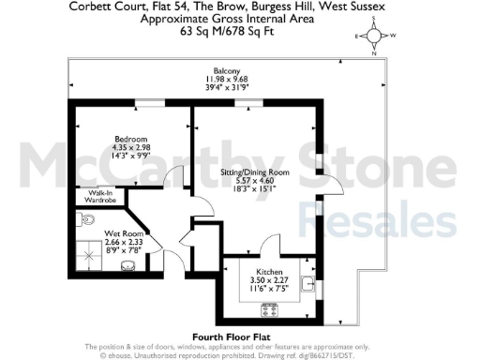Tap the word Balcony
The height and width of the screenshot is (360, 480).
226,71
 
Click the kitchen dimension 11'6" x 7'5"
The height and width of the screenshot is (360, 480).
258,288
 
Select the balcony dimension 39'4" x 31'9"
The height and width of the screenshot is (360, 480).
226,88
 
